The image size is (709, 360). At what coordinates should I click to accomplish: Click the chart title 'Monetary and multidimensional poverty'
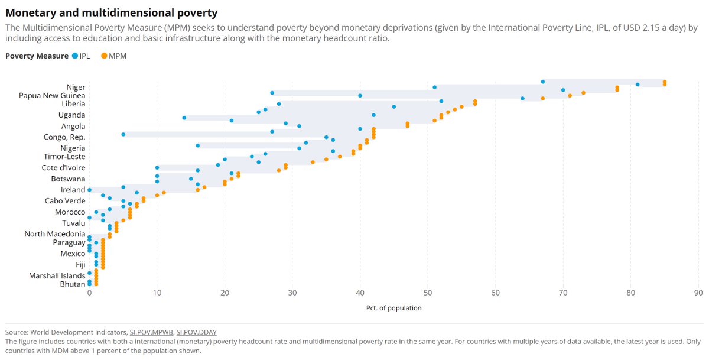pyautogui.click(x=112, y=12)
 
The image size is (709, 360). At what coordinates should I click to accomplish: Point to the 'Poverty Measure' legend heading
pyautogui.click(x=37, y=56)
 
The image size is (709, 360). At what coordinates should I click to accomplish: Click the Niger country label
pyautogui.click(x=76, y=87)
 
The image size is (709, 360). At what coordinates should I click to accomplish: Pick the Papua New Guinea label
pyautogui.click(x=52, y=95)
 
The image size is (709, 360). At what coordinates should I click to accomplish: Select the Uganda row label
pyautogui.click(x=71, y=115)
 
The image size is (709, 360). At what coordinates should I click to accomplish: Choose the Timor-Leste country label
pyautogui.click(x=64, y=157)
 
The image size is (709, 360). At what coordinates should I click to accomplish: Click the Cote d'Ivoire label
pyautogui.click(x=62, y=168)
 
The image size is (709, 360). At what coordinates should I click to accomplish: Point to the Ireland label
pyautogui.click(x=73, y=190)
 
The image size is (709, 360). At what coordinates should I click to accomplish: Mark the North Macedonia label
pyautogui.click(x=55, y=234)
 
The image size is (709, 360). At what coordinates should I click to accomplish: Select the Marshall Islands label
pyautogui.click(x=57, y=276)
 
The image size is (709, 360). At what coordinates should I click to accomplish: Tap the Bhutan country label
pyautogui.click(x=73, y=284)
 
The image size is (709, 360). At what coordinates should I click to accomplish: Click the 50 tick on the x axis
pyautogui.click(x=428, y=293)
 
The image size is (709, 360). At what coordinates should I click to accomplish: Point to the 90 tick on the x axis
pyautogui.click(x=698, y=293)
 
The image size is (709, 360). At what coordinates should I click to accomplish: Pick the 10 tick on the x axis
pyautogui.click(x=157, y=293)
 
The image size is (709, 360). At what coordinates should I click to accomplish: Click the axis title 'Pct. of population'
pyautogui.click(x=393, y=308)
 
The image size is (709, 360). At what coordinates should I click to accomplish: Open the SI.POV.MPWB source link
pyautogui.click(x=151, y=332)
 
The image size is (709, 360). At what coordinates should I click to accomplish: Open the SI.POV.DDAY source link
pyautogui.click(x=197, y=332)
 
